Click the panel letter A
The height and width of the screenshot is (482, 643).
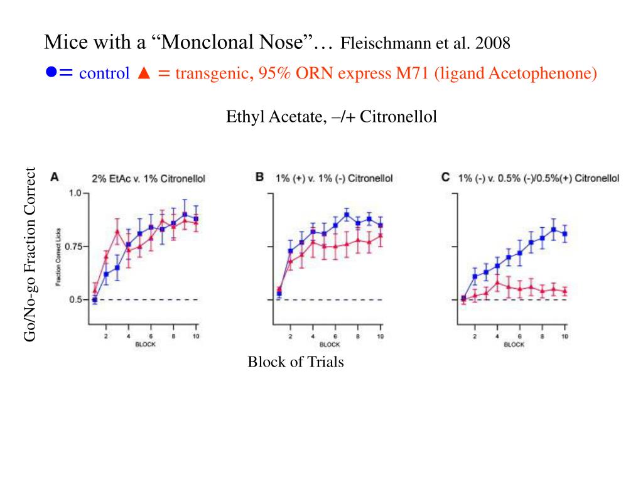(55, 178)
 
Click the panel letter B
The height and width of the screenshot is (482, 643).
(259, 178)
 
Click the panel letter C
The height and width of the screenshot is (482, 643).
(445, 178)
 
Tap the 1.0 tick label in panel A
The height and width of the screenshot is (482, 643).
(75, 193)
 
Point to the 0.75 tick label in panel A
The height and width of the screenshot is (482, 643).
(73, 247)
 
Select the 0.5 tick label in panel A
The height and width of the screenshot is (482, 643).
(75, 300)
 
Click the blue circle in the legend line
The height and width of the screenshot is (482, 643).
(51, 73)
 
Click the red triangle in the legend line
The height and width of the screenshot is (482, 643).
(143, 73)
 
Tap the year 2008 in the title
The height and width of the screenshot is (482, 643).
(493, 44)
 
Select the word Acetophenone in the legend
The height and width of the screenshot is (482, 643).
(543, 73)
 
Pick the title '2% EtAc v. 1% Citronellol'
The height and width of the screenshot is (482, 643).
(148, 178)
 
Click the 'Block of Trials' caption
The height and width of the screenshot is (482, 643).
(296, 362)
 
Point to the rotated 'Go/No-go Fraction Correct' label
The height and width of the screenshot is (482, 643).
(31, 254)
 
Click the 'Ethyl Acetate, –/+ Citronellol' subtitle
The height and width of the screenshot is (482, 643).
(332, 117)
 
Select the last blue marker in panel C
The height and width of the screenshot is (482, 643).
(565, 234)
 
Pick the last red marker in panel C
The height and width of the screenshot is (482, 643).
(565, 291)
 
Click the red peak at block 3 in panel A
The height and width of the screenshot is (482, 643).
(117, 232)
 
